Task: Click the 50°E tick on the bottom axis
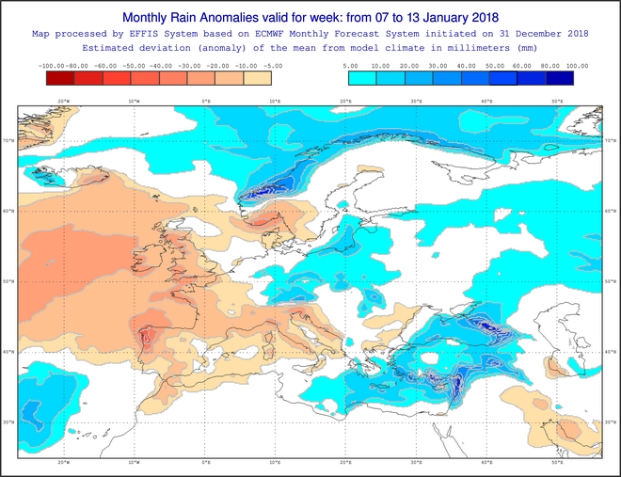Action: (557, 463)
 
